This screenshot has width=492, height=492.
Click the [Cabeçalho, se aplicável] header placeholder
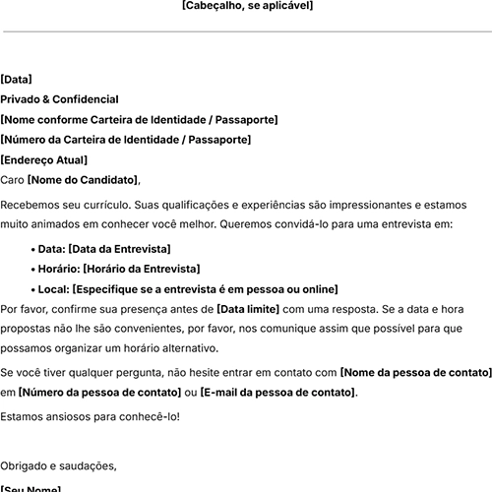247,6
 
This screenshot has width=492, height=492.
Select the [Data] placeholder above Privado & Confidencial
17,80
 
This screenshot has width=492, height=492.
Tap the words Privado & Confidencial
60,99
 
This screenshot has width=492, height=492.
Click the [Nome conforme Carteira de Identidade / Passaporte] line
139,120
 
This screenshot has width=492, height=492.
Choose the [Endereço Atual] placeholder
44,159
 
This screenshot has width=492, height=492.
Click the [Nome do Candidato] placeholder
83,179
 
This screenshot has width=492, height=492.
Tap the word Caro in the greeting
12,179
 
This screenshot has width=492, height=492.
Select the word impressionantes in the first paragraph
369,205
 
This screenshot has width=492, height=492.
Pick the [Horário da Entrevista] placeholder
141,269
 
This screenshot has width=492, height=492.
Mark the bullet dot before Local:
34,289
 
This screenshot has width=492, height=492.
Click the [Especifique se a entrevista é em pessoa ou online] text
205,289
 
